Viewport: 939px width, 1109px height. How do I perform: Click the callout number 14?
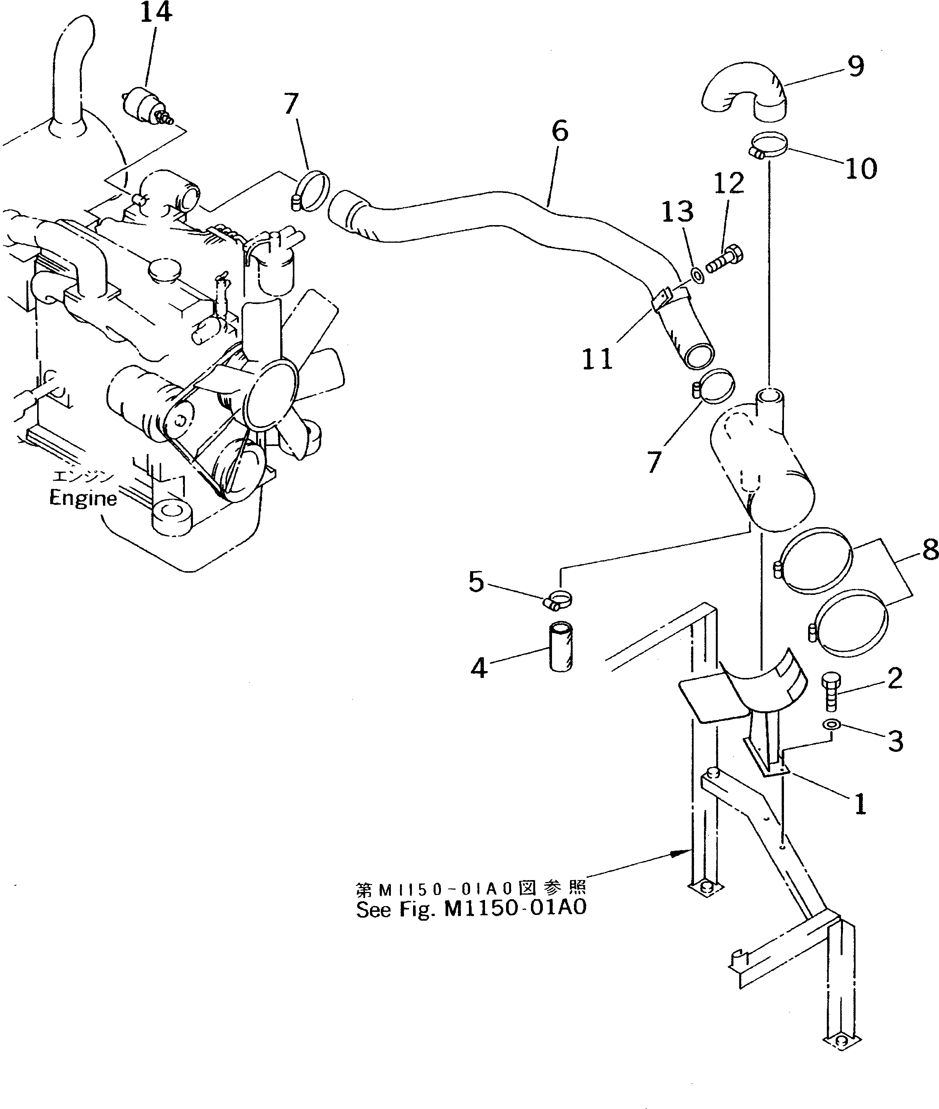pos(156,13)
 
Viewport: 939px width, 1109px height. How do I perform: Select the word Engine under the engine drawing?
pos(83,498)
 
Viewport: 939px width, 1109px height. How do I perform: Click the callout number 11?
pos(597,360)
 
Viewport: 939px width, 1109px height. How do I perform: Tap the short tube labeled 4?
pos(560,647)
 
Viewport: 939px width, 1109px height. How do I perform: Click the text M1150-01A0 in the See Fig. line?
pos(515,908)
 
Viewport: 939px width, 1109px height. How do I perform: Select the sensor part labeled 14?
pos(144,105)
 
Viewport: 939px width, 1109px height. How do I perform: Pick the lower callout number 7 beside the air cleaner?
pos(654,461)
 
